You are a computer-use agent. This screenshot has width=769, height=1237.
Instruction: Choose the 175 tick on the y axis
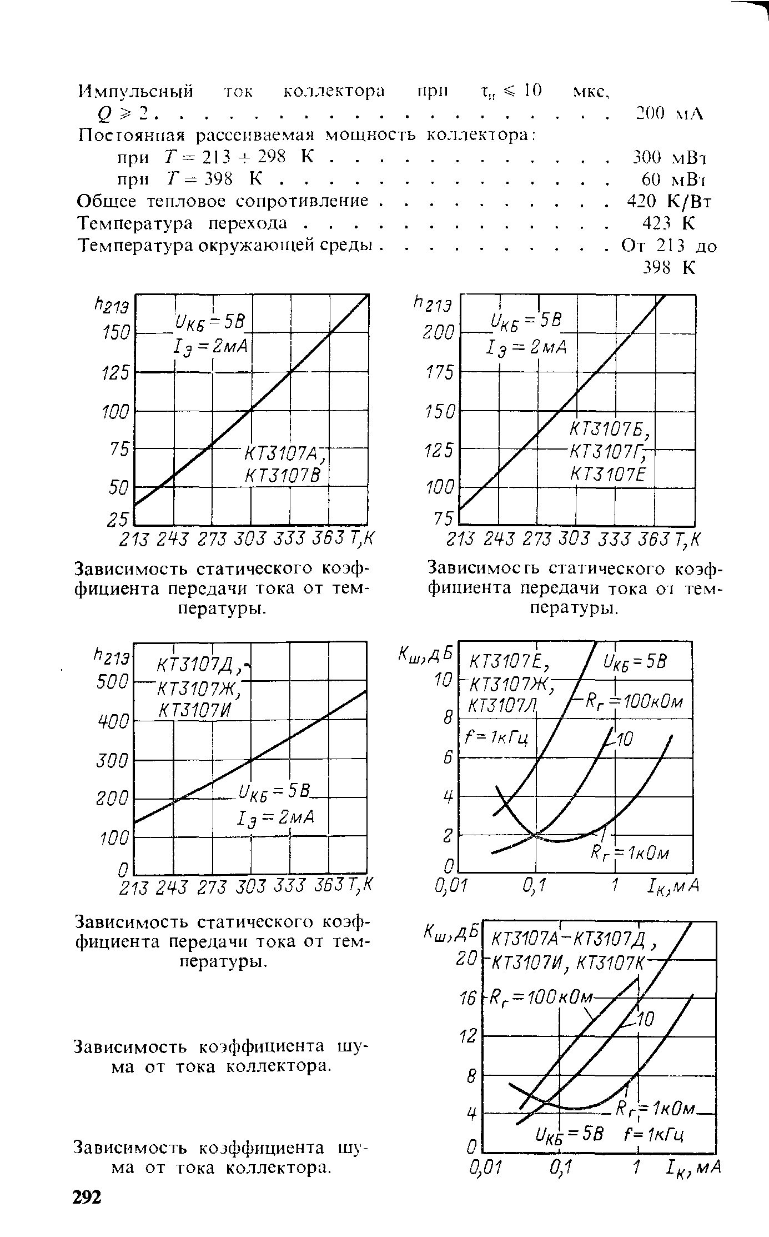(440, 372)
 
